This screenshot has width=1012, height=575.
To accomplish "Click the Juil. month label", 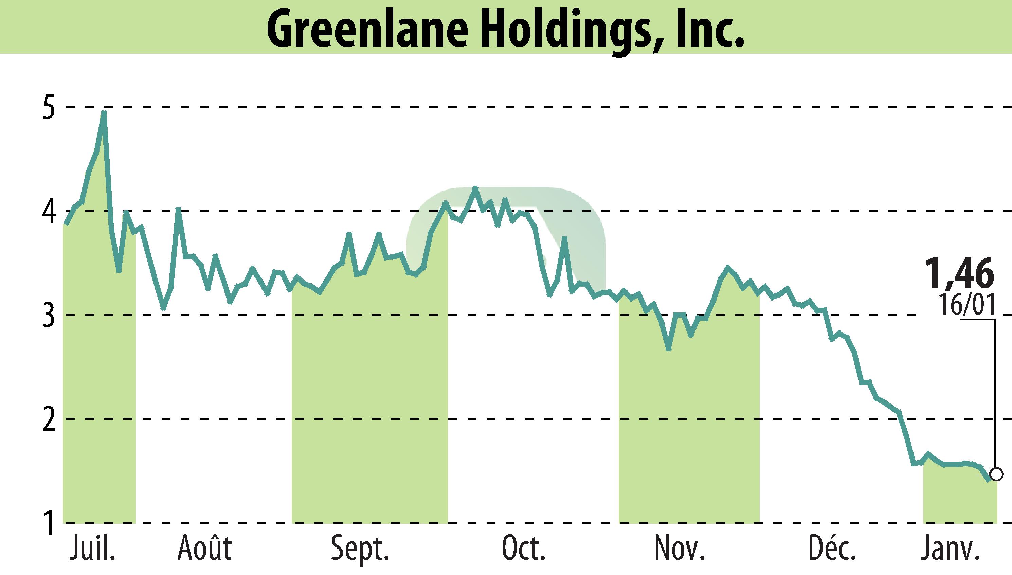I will pos(93,548).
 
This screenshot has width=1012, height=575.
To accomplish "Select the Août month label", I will pos(204,548).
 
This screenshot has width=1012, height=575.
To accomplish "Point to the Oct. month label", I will pos(524,548).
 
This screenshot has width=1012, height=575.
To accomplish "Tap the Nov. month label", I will pos(680,548).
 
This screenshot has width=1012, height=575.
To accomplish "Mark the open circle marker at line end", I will pos(996,474).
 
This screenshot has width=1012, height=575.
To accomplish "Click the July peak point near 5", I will pos(104,112).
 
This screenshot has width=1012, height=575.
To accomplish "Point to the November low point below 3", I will pos(668,349).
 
